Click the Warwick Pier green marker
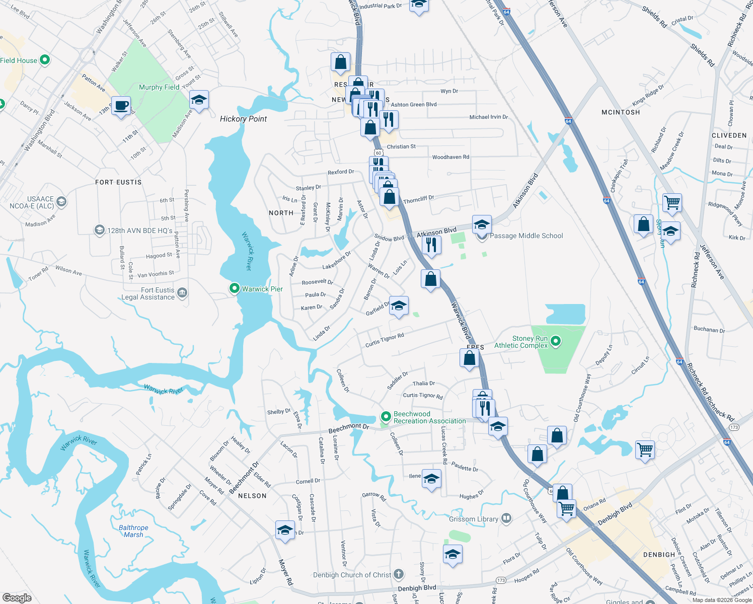coord(234,288)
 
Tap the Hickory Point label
coord(244,119)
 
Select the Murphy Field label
coord(159,87)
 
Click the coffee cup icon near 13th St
coord(121,106)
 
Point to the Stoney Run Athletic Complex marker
coord(556,342)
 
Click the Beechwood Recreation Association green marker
coord(386,417)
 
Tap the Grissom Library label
coord(474,519)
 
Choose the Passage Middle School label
coord(526,236)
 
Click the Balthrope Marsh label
coord(133,531)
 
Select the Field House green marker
coord(45,60)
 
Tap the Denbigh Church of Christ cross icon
coord(399,574)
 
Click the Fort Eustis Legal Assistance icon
coord(182,292)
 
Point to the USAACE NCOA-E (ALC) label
coord(32,202)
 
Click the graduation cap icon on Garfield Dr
coord(399,306)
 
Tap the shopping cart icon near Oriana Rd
coord(567,509)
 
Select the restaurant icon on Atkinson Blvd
coord(431,245)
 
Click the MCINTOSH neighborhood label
coord(621,112)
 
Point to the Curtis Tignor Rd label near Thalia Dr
coord(423,396)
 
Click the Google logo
coord(17,597)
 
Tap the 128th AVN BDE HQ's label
coord(139,231)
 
